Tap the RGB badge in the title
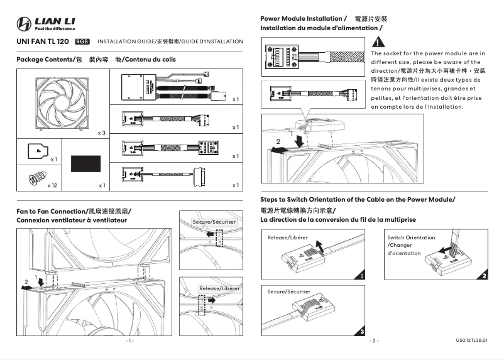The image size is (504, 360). click(x=82, y=41)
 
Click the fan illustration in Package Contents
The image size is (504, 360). click(x=62, y=102)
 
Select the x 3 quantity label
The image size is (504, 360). click(x=101, y=133)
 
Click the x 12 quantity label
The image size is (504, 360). click(x=53, y=186)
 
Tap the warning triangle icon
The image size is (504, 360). click(x=379, y=43)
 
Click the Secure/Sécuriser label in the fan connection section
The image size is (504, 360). click(x=214, y=222)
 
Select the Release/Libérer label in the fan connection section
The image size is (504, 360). click(x=219, y=288)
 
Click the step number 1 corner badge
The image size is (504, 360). click(x=362, y=275)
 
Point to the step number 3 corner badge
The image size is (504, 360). click(x=362, y=330)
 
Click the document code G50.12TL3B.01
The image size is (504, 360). click(x=471, y=341)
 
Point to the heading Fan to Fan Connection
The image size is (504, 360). click(x=74, y=212)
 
